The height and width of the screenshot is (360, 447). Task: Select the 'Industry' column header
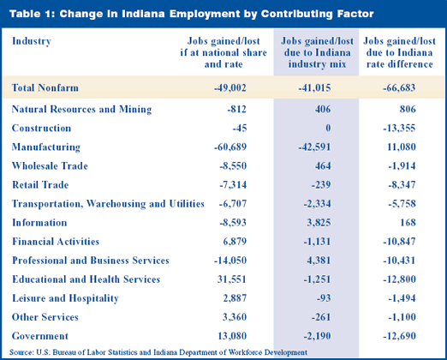coord(32,41)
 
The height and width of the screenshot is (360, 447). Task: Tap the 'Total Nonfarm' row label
coord(45,87)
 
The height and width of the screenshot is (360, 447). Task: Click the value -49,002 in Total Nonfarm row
coord(230,88)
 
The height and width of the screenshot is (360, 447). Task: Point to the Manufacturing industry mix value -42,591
coord(314,147)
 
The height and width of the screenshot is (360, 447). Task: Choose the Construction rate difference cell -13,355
coord(399,129)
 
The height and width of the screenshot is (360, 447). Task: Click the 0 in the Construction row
coord(328,129)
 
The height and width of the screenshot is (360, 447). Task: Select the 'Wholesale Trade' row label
coord(50,166)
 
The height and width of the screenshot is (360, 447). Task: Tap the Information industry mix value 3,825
coord(319,223)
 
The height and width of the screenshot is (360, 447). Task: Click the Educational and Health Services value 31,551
coord(231,279)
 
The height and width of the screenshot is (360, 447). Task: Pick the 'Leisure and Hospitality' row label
coord(65,298)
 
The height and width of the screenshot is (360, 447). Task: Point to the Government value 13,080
coord(232,336)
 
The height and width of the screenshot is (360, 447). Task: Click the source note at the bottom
coord(158,352)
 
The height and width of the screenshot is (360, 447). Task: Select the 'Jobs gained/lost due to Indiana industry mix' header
coord(317,52)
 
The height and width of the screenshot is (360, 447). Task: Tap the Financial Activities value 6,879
coord(235,242)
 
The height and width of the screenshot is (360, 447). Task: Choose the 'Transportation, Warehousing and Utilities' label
coord(108,204)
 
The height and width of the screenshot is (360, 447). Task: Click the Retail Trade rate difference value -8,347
coord(402,185)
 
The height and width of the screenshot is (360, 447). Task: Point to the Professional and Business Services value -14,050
coord(230,261)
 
